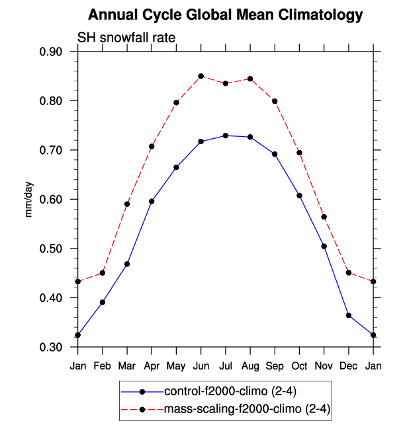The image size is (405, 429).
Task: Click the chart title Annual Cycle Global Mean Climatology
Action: [226, 15]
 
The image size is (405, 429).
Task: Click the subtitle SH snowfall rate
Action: [126, 38]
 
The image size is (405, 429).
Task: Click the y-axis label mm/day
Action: [30, 199]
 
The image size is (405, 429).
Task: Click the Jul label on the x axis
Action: [226, 366]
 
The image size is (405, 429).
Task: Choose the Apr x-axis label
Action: [152, 366]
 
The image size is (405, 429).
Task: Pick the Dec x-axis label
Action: [349, 366]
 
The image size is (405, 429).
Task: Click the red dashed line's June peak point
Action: [201, 76]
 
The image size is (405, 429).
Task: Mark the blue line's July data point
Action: [226, 136]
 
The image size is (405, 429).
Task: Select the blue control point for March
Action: [127, 264]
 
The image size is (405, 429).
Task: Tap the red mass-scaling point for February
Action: [103, 273]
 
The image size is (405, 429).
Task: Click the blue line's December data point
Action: [349, 315]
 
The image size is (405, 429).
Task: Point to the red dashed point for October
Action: [300, 153]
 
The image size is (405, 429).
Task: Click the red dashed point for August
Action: [250, 79]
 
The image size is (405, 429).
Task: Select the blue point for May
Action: [177, 167]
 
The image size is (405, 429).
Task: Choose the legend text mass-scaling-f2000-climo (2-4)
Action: [247, 410]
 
